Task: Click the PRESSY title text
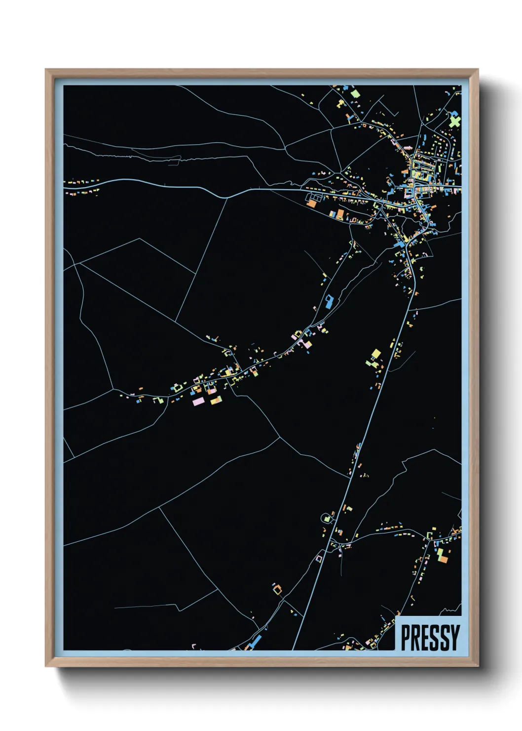coord(430,637)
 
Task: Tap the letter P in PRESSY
coord(406,637)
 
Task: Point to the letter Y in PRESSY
coord(454,637)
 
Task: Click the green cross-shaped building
coord(455,121)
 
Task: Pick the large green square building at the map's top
coord(355,92)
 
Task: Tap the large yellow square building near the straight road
coord(376,354)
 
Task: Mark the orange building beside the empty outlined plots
coord(311,203)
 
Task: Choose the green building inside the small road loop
coord(326,519)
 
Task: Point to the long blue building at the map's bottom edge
coord(255,642)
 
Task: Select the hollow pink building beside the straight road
coord(319,558)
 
